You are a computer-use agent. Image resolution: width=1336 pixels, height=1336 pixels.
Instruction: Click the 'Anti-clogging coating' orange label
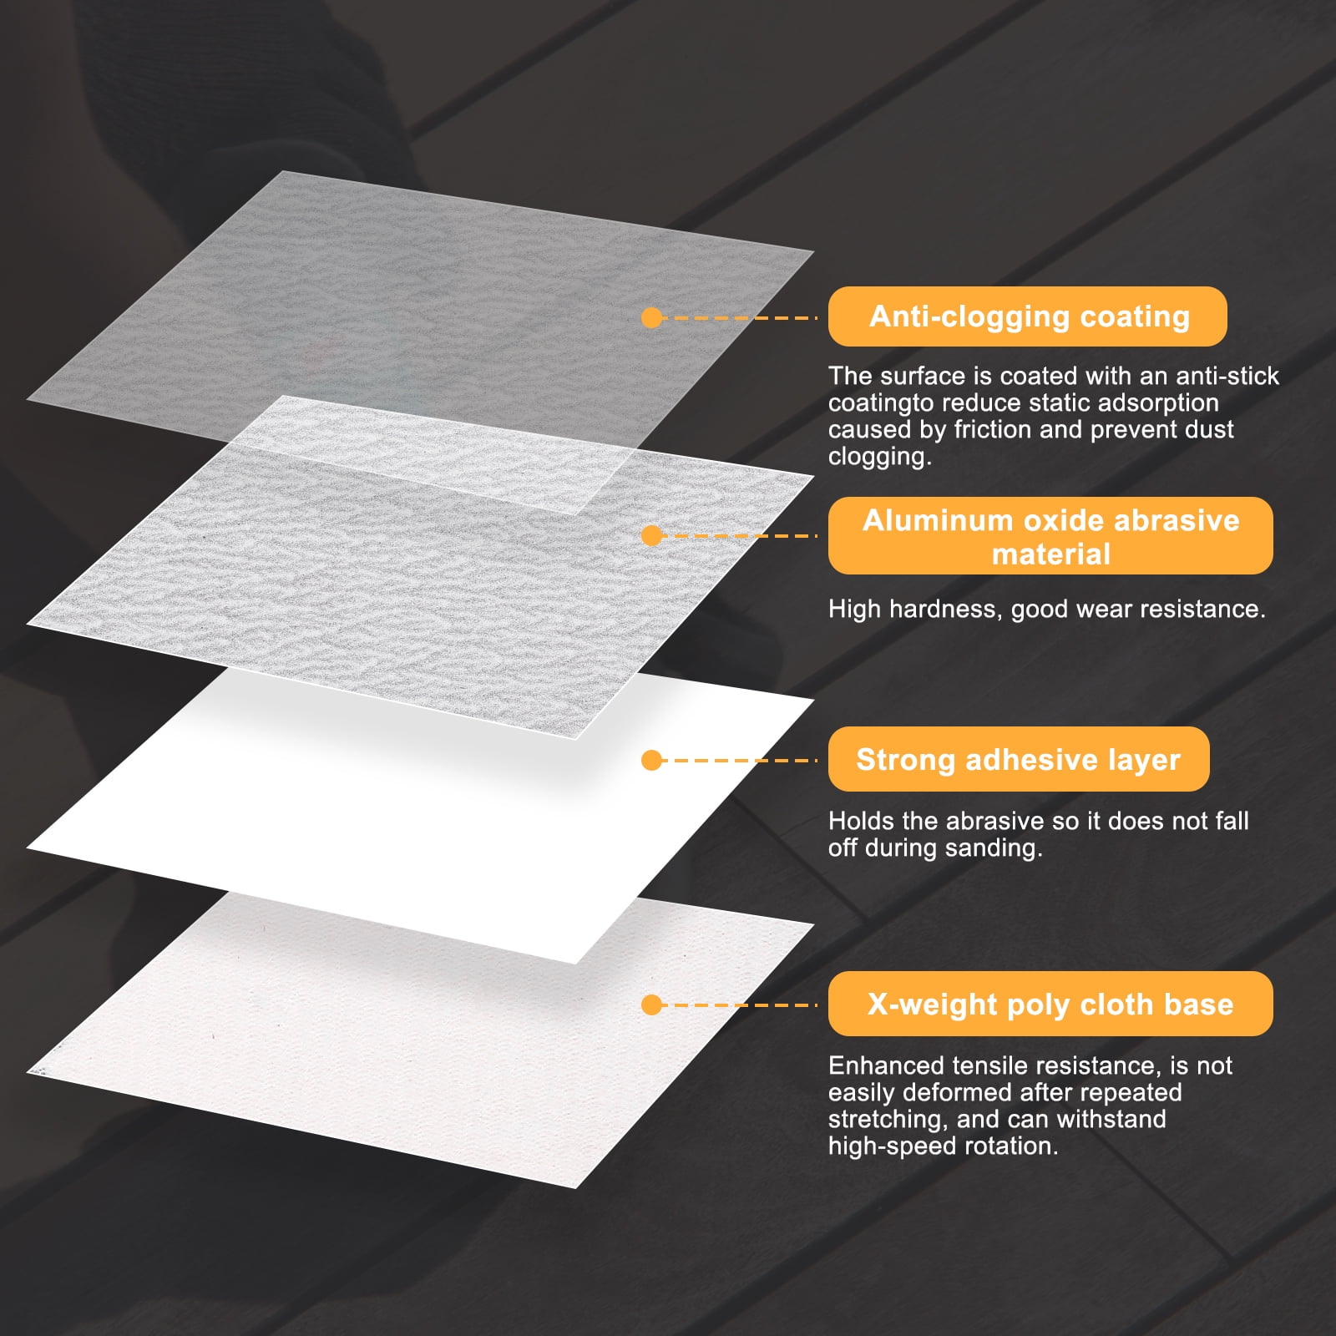coord(1027,316)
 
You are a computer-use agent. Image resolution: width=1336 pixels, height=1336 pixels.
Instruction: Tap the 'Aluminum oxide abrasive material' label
coord(1050,536)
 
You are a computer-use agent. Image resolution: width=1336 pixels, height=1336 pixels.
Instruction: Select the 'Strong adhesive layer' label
coord(1019,759)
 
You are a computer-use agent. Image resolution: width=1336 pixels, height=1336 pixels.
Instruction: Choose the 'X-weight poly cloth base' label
coord(1050,1004)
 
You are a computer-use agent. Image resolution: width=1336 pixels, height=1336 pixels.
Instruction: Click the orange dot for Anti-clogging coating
coord(652,317)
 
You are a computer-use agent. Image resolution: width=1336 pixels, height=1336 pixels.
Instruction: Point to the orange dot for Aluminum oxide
coord(652,535)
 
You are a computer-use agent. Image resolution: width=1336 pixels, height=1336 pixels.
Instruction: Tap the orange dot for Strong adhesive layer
coord(652,760)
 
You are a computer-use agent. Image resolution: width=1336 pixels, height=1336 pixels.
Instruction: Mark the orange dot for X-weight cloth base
coord(652,1005)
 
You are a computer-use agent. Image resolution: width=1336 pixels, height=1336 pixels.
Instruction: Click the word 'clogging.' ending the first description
coord(880,458)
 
